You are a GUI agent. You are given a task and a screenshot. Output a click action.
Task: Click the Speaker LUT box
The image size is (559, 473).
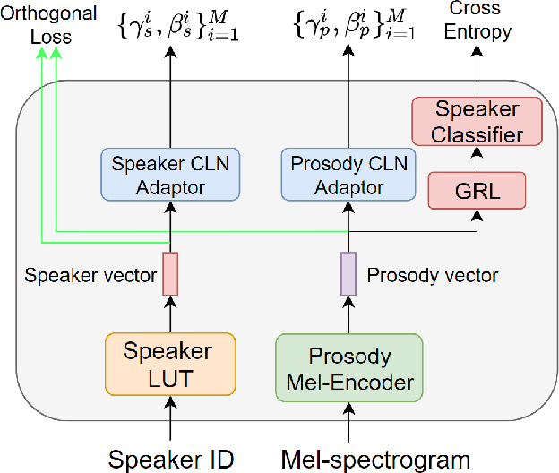tap(169, 364)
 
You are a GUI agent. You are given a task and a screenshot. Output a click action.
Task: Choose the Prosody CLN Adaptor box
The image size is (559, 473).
tap(348, 176)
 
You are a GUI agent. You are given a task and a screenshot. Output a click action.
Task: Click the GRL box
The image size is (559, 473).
tap(477, 191)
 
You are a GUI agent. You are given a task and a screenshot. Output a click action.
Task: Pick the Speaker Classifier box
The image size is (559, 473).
tap(478, 123)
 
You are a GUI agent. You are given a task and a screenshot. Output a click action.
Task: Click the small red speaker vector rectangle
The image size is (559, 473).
tap(170, 273)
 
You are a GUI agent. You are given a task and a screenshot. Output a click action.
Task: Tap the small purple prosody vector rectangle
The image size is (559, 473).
tap(348, 273)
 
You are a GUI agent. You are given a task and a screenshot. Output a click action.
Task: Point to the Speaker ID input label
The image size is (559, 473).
tap(170, 459)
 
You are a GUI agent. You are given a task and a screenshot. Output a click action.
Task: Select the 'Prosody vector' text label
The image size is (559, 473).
tap(432, 274)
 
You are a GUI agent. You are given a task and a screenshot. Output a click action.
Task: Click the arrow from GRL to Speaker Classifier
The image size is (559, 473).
tap(478, 159)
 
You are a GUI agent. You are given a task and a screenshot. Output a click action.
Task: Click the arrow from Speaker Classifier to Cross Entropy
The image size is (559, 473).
tap(478, 71)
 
